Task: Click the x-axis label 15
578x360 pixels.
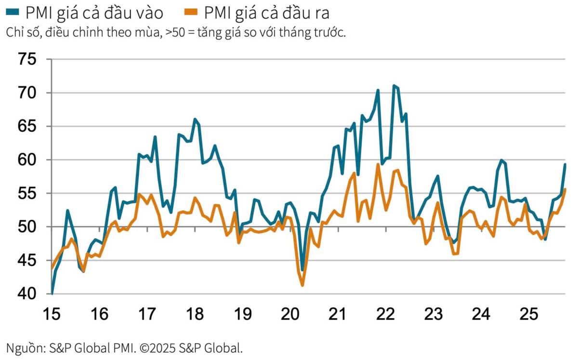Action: coord(52,314)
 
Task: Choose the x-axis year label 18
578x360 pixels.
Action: coord(194,314)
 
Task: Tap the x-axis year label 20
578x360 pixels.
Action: coord(289,314)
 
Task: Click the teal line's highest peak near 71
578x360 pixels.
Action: coord(394,86)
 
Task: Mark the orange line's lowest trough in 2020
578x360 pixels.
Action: coord(302,285)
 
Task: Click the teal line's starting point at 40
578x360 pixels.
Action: coord(52,293)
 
